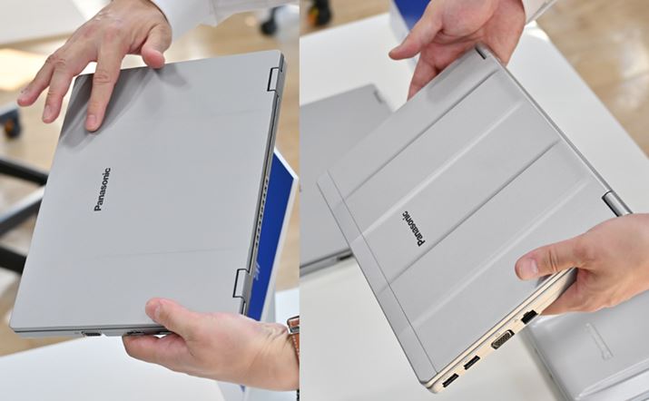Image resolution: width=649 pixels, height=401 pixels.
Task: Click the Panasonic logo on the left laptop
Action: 103,190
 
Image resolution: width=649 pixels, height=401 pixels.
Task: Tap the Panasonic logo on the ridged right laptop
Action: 413,229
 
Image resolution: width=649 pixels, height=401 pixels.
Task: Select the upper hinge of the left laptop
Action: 273,79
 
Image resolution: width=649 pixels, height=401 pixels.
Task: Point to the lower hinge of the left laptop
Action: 241,283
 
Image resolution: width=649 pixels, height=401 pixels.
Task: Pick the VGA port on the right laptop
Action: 503,339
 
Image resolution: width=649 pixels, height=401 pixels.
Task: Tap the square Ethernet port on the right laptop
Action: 529,317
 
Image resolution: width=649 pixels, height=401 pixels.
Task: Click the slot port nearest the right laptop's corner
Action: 450,380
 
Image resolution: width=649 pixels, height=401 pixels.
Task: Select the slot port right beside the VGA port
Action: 472,363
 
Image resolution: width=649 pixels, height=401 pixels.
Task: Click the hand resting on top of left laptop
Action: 97,59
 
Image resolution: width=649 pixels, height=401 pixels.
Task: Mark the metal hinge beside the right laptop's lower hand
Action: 615,203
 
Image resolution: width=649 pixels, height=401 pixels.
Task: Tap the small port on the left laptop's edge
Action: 92,334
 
